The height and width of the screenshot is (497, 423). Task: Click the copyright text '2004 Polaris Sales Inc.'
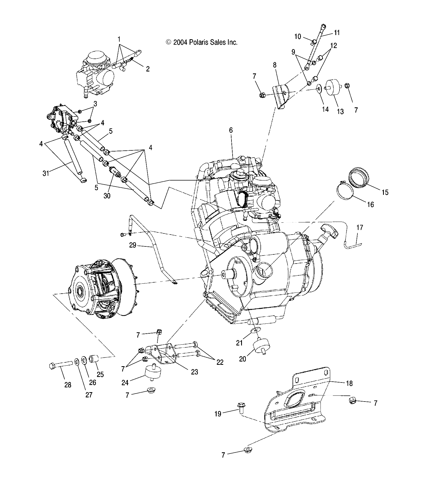click(202, 42)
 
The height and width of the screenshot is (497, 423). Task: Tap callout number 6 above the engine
click(231, 130)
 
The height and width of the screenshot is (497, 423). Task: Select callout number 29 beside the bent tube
click(133, 245)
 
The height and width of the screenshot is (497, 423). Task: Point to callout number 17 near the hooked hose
click(360, 228)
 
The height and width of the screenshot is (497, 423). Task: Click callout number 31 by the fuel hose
click(46, 173)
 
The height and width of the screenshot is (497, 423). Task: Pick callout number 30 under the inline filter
click(107, 196)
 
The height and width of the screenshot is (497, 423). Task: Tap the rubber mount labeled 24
click(151, 373)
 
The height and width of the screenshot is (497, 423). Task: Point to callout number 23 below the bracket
click(195, 372)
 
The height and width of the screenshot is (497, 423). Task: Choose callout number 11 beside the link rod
click(336, 33)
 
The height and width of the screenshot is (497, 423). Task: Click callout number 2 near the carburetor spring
click(148, 69)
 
